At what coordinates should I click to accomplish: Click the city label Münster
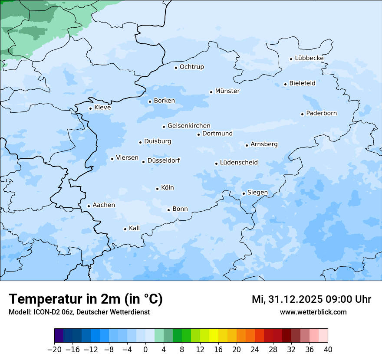pyautogui.click(x=227, y=91)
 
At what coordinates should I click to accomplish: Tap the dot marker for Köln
pyautogui.click(x=157, y=189)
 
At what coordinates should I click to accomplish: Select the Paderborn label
pyautogui.click(x=321, y=113)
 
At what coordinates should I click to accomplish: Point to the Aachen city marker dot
pyautogui.click(x=89, y=206)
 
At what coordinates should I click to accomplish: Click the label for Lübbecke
pyautogui.click(x=309, y=58)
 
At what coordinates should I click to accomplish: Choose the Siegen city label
pyautogui.click(x=257, y=193)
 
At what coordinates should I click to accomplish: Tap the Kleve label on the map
pyautogui.click(x=102, y=108)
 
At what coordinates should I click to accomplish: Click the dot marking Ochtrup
pyautogui.click(x=176, y=68)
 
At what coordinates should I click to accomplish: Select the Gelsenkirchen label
pyautogui.click(x=189, y=126)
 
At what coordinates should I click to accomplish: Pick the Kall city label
pyautogui.click(x=134, y=228)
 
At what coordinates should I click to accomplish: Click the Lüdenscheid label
pyautogui.click(x=239, y=163)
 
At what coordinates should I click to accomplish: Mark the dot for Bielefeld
pyautogui.click(x=285, y=84)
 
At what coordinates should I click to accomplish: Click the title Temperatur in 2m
pyautogui.click(x=86, y=299)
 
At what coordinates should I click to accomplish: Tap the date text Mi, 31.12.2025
pyautogui.click(x=286, y=299)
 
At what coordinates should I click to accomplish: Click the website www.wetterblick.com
pyautogui.click(x=313, y=312)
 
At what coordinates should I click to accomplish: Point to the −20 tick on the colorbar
pyautogui.click(x=55, y=350)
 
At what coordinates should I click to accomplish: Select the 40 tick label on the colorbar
pyautogui.click(x=328, y=350)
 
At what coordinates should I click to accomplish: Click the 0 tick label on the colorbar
pyautogui.click(x=145, y=350)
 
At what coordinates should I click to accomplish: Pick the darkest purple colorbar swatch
pyautogui.click(x=59, y=336)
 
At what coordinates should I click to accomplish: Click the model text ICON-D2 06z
pyautogui.click(x=52, y=312)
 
